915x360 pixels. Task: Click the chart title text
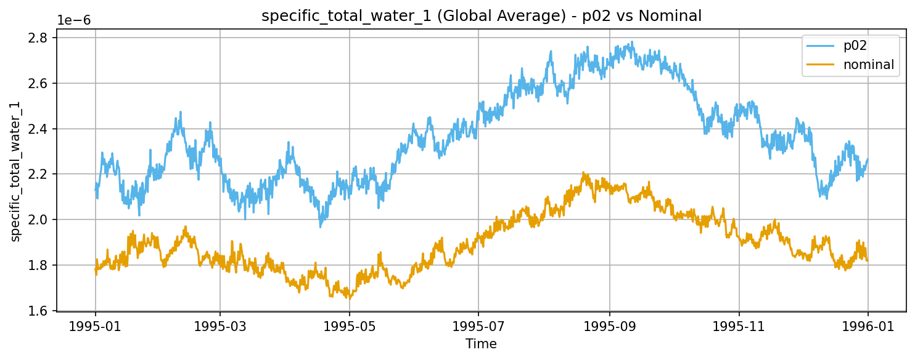(482, 17)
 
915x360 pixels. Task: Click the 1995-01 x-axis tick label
(95, 325)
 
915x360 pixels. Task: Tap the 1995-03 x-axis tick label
(220, 325)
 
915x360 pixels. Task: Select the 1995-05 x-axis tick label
(350, 325)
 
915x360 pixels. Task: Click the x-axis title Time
(482, 344)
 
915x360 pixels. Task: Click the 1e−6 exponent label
(74, 20)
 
